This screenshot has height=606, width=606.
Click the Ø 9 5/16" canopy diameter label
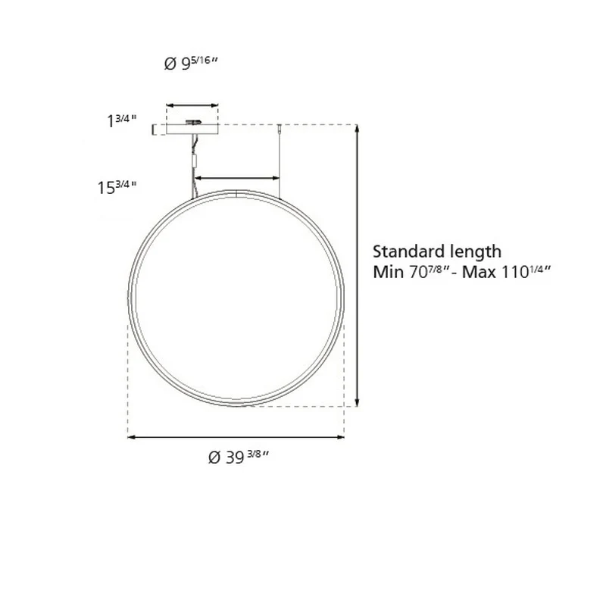(191, 64)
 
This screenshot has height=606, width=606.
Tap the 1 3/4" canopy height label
(121, 120)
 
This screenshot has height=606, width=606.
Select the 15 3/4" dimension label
(117, 187)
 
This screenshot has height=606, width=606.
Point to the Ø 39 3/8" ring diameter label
(238, 458)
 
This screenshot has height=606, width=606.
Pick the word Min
(389, 272)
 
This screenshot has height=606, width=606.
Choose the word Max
(479, 272)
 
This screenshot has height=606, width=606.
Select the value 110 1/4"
(525, 272)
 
